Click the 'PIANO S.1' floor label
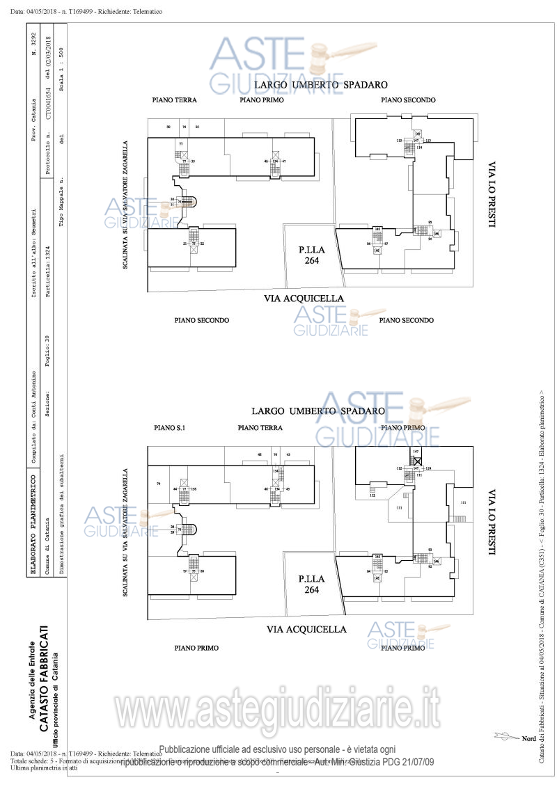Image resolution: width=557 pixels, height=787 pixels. tap(168, 427)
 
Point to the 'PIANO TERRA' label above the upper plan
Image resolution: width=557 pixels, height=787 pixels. tap(174, 100)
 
